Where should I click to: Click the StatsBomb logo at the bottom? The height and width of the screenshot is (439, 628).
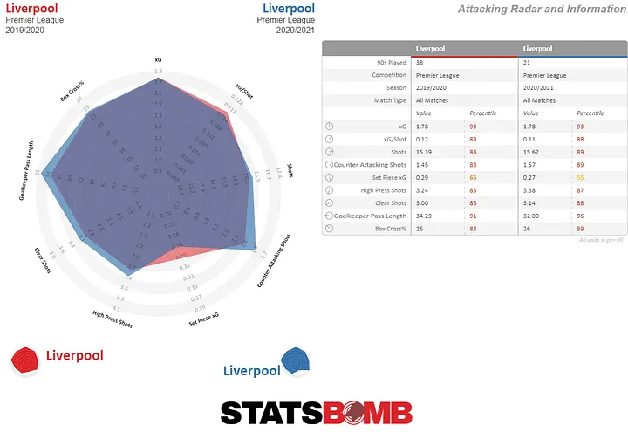pos(316,412)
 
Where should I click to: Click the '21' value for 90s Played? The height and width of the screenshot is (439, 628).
pos(527,64)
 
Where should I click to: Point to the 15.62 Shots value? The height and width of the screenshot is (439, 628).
pos(532,152)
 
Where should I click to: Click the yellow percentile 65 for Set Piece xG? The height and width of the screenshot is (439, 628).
pos(473,177)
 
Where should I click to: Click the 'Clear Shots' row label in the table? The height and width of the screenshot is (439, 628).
pos(384,203)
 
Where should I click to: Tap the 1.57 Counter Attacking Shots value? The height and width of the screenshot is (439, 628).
pos(530,165)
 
